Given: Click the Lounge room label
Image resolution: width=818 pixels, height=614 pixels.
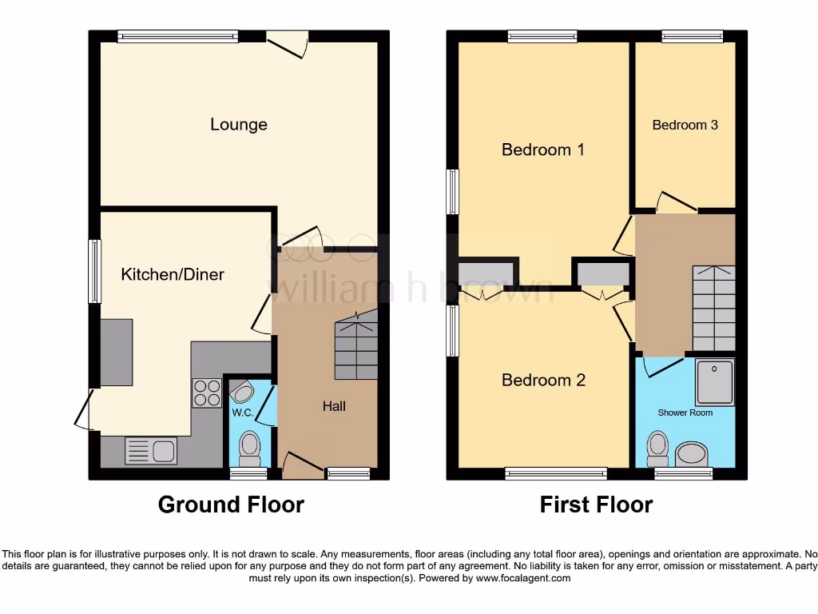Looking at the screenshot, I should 238,125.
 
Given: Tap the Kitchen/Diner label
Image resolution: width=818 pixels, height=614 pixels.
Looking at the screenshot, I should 173,274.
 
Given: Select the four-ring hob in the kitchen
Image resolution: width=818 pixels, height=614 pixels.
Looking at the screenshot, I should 207,393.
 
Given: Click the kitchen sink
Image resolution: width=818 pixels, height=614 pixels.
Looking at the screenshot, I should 150,451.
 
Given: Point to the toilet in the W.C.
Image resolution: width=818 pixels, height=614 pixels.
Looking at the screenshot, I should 249,449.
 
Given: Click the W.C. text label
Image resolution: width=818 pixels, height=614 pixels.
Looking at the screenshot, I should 242,413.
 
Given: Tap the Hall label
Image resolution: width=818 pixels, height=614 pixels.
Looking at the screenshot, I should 334,406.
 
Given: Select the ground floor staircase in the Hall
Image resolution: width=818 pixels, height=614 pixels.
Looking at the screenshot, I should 355,347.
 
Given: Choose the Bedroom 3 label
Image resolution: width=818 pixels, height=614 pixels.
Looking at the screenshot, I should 685,125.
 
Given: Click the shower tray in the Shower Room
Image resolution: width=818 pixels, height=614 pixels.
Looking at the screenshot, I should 714,381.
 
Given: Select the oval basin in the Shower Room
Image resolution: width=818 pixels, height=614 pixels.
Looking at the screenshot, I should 692,454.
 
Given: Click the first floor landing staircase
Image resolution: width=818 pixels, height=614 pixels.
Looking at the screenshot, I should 713,308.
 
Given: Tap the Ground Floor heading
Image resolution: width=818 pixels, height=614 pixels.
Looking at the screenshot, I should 231,504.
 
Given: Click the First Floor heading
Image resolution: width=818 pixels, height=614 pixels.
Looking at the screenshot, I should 596,504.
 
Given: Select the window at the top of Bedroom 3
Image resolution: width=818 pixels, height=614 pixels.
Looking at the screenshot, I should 692,35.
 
